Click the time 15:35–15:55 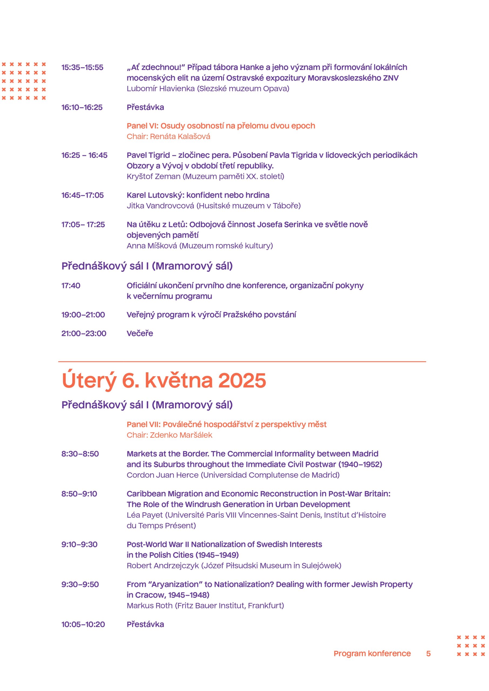82,67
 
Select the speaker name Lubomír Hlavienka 160,89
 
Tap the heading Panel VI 221,126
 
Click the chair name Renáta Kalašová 180,136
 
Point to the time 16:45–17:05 83,195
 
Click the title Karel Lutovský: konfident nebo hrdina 198,195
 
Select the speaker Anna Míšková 152,246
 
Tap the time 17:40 71,285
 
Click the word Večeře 140,333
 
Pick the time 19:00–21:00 83,314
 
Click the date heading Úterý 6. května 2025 164,380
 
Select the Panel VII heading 227,424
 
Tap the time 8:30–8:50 80,453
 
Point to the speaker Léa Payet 144,515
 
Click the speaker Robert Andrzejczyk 163,565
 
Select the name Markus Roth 149,605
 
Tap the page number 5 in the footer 428,653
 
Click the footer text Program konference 372,653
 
